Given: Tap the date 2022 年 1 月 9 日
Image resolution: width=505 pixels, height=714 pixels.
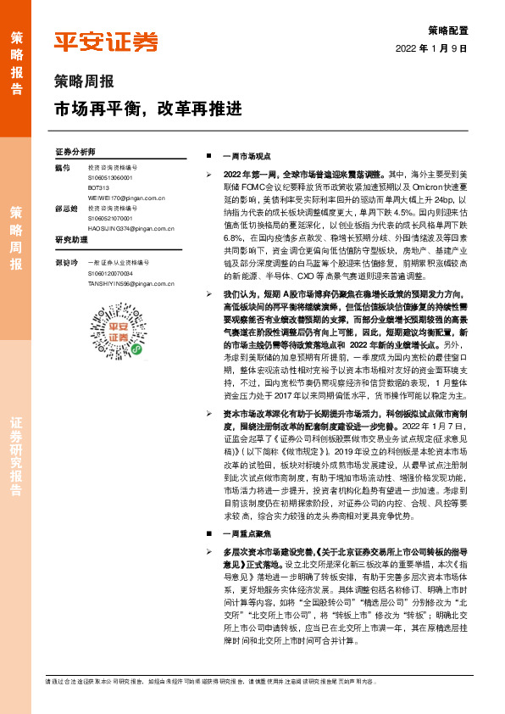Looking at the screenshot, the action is click(x=431, y=48).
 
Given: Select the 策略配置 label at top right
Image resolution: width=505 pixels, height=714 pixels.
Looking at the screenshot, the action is click(x=447, y=30).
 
